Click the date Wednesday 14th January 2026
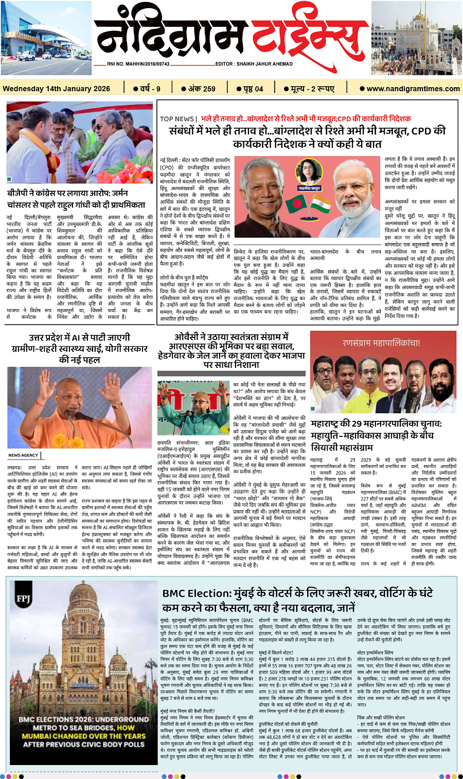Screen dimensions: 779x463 coord(56,89)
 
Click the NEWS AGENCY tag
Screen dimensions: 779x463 coord(23,455)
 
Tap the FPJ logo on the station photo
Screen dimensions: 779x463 coord(24,598)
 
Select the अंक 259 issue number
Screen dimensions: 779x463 coord(202,89)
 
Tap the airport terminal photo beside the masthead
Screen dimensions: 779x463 coord(46,38)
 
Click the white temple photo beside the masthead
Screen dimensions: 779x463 coord(417,38)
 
